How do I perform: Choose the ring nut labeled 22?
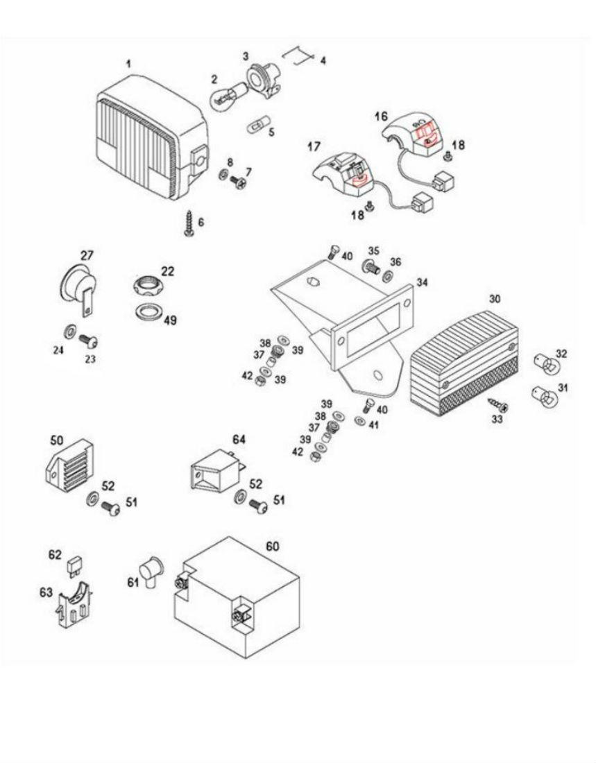click(x=148, y=286)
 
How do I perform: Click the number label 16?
click(x=381, y=115)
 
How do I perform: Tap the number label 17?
click(x=314, y=147)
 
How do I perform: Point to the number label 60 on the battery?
click(x=272, y=546)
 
